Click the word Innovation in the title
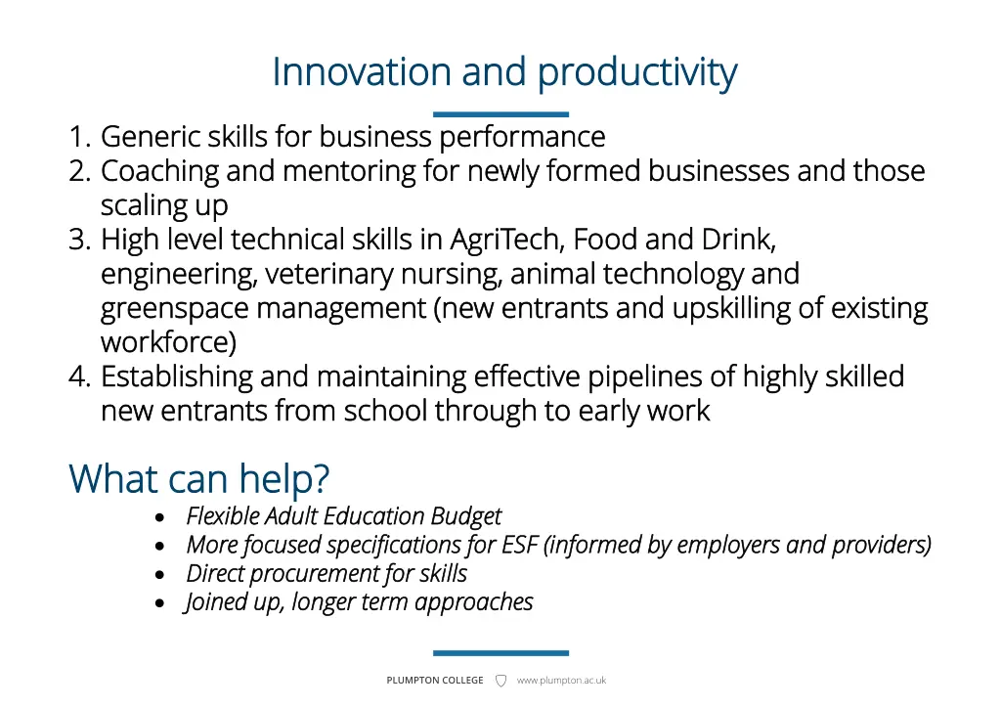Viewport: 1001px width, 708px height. click(x=363, y=72)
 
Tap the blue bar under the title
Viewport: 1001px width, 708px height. click(x=500, y=114)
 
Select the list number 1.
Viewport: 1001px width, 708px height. click(x=79, y=137)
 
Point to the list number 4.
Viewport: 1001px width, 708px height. click(x=79, y=376)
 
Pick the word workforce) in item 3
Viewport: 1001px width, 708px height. click(x=168, y=343)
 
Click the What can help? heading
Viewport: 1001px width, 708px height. click(x=199, y=479)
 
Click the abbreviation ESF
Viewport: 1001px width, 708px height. click(x=520, y=545)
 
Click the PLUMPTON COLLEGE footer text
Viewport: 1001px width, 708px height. click(x=435, y=681)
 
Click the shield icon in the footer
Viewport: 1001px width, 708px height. click(x=500, y=681)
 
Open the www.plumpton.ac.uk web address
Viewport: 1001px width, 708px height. click(x=561, y=681)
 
